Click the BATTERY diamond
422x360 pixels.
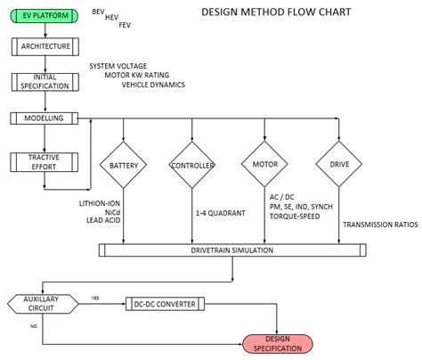123,166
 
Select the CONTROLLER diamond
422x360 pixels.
193,166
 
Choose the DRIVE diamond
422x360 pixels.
339,166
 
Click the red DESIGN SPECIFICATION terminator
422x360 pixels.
277,343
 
